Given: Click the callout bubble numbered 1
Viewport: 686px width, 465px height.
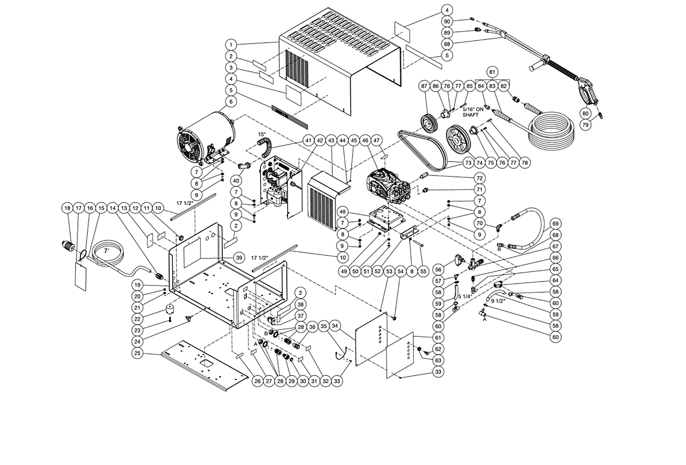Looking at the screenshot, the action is [x=231, y=45].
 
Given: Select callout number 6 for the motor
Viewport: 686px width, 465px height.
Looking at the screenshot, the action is [x=231, y=101].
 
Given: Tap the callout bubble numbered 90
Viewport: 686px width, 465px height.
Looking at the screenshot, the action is [x=447, y=21].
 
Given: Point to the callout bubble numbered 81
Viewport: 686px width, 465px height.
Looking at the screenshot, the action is [x=492, y=72].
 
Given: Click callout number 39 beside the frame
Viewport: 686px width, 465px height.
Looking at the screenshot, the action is [x=239, y=258].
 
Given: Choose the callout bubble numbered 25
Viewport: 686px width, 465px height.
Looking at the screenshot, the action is [x=138, y=354].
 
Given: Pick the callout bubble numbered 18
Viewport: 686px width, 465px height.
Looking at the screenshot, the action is [x=67, y=208].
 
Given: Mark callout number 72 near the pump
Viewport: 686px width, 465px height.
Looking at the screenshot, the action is [x=479, y=178].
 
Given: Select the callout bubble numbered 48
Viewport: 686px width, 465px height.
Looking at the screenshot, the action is [x=343, y=211].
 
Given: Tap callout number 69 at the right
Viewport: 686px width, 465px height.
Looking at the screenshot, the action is [x=555, y=224].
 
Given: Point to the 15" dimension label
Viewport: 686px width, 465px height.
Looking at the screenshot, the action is [x=262, y=134].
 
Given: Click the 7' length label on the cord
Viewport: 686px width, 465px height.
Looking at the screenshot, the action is [x=106, y=251].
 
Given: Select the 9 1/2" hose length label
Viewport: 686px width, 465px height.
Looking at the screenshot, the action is [x=498, y=301].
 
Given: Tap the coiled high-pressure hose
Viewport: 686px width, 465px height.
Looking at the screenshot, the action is [x=552, y=129].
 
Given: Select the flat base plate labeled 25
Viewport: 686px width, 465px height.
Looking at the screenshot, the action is [x=205, y=365].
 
